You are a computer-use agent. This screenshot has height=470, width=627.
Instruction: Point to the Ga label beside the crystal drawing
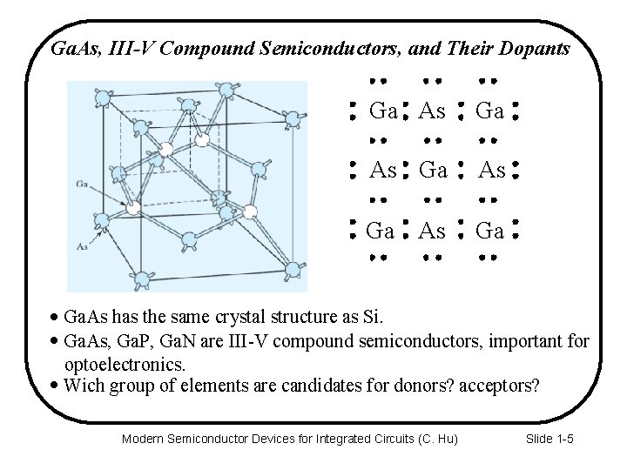pos(83,184)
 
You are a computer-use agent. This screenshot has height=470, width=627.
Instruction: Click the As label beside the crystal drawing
pos(83,246)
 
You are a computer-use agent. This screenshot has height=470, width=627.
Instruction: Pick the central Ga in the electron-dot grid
pos(433,171)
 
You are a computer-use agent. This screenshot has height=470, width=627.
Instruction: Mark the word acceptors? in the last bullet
pos(496,385)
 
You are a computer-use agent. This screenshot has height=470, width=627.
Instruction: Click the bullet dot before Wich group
pos(57,385)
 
